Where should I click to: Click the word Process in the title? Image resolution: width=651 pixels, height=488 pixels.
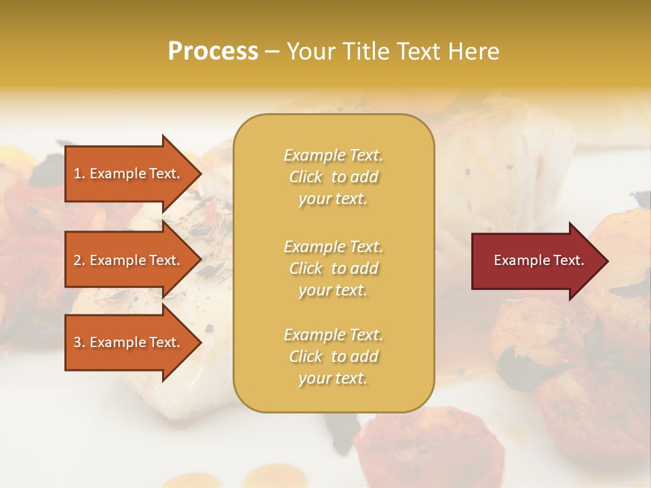(213, 52)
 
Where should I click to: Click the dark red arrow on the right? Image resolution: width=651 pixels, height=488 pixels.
(536, 260)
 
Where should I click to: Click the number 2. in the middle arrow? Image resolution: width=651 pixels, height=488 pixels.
(79, 260)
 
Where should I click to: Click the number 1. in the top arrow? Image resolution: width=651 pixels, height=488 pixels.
(79, 174)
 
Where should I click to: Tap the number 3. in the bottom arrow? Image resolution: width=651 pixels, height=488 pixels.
(79, 342)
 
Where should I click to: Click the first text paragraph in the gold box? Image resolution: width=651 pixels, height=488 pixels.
(333, 177)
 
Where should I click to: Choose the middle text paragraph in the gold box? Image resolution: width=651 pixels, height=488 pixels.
(333, 268)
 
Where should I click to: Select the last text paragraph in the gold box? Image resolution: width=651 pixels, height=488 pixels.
(333, 357)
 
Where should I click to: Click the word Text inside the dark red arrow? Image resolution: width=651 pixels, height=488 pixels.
(568, 260)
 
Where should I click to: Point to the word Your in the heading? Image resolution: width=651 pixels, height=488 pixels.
(309, 52)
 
